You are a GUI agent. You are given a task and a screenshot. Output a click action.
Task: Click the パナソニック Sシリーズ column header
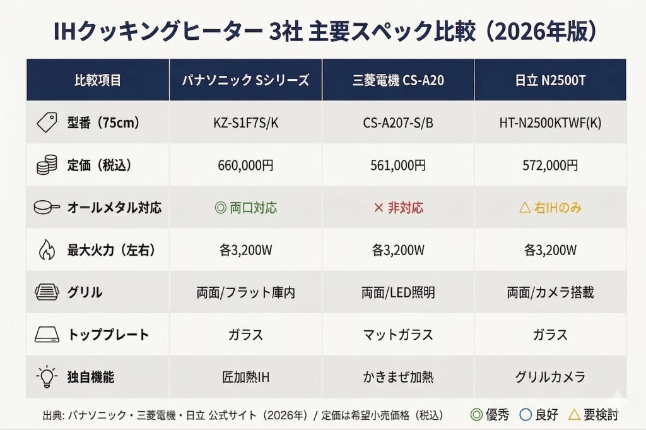(245, 80)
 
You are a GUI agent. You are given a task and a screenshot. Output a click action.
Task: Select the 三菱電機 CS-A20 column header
(398, 80)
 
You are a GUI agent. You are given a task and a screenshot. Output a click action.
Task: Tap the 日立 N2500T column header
(550, 80)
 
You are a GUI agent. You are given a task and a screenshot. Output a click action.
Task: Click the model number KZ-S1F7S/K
(245, 123)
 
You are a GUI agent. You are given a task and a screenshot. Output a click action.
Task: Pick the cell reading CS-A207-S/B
(398, 123)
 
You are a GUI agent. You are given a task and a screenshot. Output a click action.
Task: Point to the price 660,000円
(245, 165)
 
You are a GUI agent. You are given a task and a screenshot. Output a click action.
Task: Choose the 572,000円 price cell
(550, 165)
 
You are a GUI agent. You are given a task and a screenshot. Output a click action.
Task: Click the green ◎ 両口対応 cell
(245, 208)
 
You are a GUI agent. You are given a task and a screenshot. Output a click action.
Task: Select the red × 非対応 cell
(398, 208)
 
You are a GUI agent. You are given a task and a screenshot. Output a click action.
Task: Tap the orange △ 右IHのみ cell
(550, 208)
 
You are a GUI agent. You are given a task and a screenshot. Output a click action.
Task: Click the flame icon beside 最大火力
(47, 250)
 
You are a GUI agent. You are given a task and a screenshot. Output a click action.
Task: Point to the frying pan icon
(47, 208)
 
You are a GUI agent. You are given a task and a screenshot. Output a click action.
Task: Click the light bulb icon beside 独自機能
(47, 378)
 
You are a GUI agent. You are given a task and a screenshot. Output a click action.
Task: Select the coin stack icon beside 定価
(47, 165)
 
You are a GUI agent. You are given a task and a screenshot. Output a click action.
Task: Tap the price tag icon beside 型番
(47, 123)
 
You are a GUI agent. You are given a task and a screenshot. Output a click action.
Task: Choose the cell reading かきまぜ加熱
(398, 378)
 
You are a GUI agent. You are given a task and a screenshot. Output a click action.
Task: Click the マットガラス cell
(398, 335)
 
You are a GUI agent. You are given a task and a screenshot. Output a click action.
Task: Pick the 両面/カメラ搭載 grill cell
(550, 293)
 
